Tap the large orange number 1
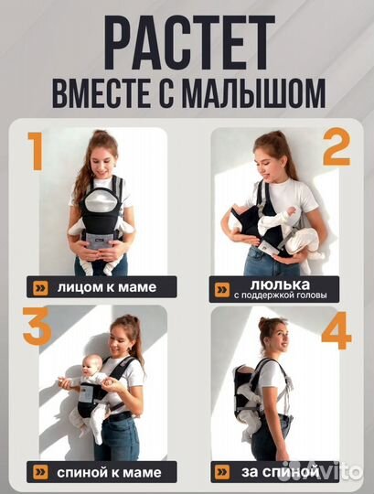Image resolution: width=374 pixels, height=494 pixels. tap(36, 152)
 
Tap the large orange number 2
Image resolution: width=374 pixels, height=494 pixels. tap(336, 149)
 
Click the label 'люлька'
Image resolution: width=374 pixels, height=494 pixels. tap(265, 283)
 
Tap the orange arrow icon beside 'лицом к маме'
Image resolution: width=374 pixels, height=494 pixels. tap(38, 287)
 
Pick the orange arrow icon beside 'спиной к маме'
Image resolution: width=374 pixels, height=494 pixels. tap(38, 471)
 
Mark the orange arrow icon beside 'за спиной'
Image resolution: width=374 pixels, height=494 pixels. tap(222, 471)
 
